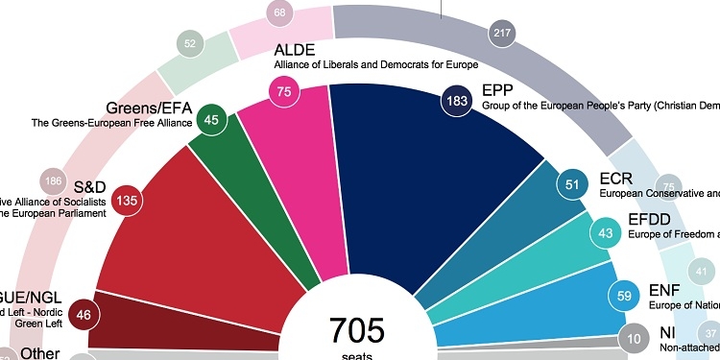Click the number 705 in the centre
pyautogui.click(x=357, y=330)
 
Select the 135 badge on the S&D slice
pyautogui.click(x=125, y=202)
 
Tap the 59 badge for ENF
pyautogui.click(x=624, y=297)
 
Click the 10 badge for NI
pyautogui.click(x=633, y=339)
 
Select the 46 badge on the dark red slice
pyautogui.click(x=59, y=313)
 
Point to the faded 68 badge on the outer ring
pyautogui.click(x=280, y=13)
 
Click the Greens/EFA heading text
pyautogui.click(x=144, y=107)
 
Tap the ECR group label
pyautogui.click(x=616, y=179)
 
